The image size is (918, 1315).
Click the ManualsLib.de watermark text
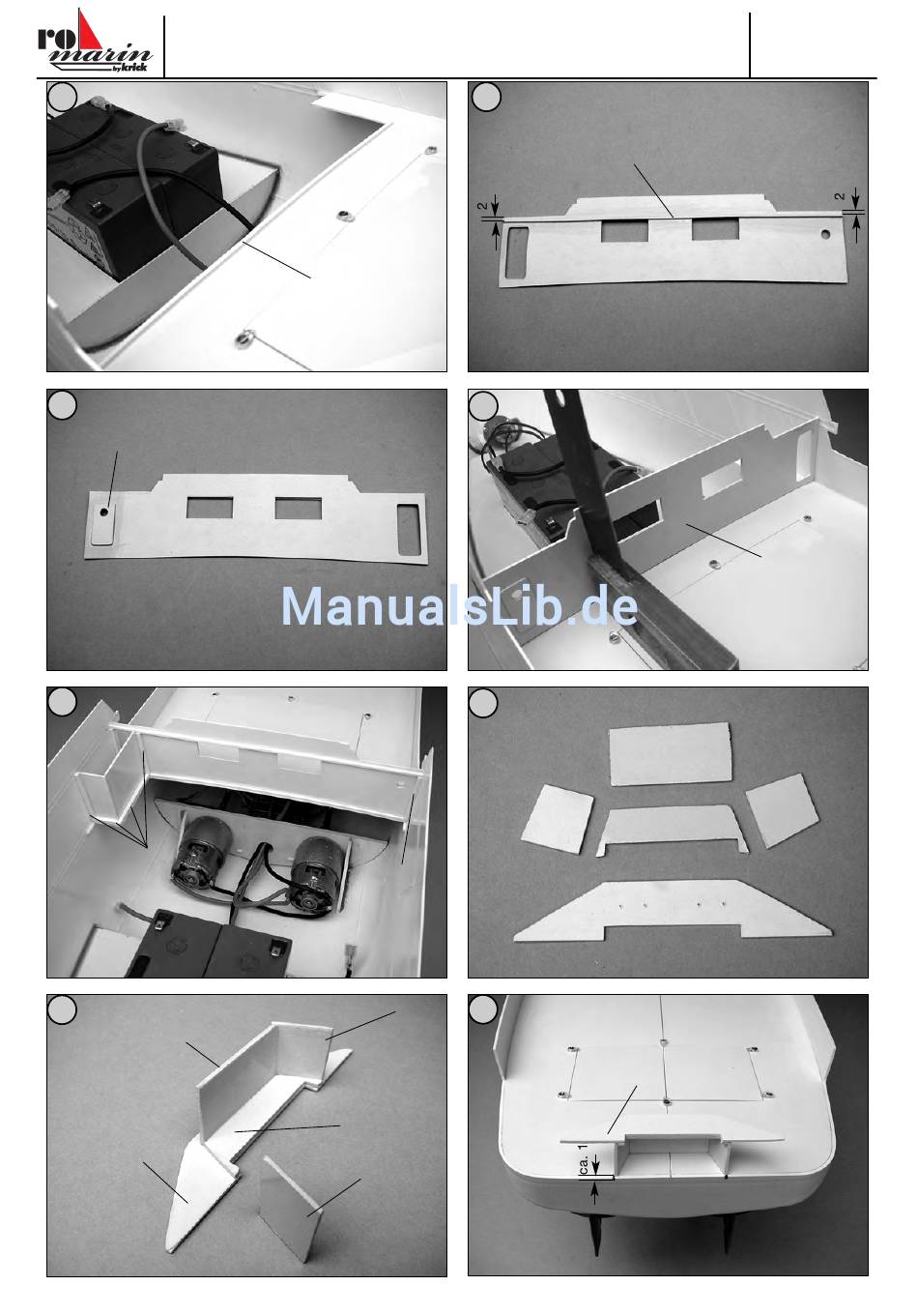click(x=459, y=606)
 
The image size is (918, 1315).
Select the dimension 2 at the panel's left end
click(x=482, y=206)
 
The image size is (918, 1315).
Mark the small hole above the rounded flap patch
click(x=104, y=511)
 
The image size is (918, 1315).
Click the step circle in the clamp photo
click(x=483, y=406)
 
